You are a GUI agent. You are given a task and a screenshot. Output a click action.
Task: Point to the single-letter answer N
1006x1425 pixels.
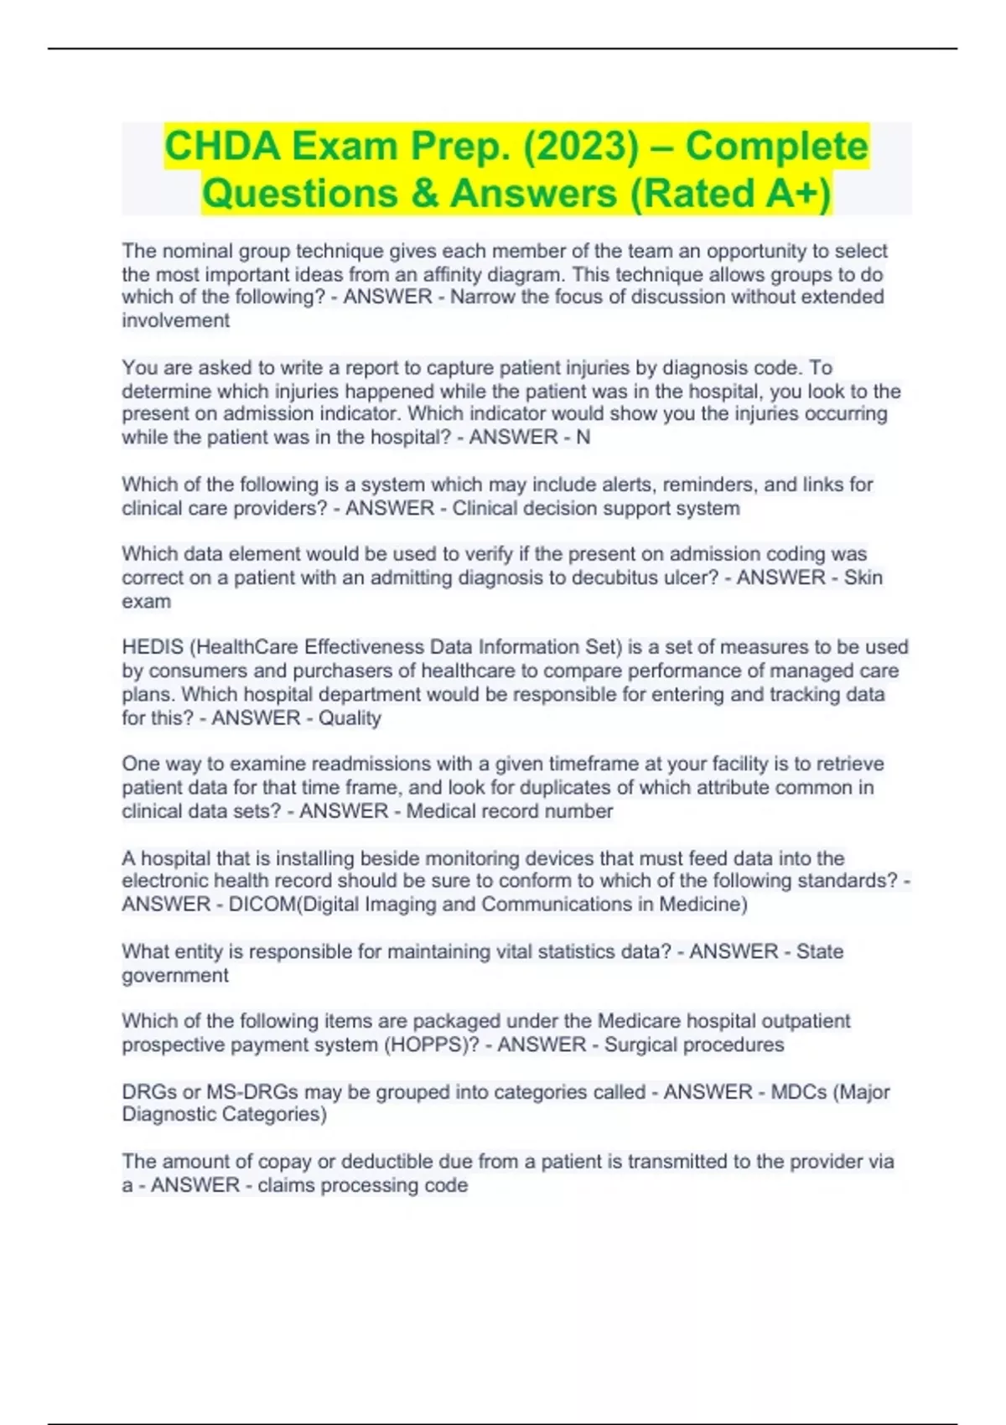(x=583, y=437)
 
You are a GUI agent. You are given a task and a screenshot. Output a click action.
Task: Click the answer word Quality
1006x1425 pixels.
(x=350, y=718)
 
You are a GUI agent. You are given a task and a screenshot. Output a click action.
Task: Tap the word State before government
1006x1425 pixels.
(x=819, y=951)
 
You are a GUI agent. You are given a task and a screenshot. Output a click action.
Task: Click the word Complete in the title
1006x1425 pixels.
(x=776, y=147)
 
